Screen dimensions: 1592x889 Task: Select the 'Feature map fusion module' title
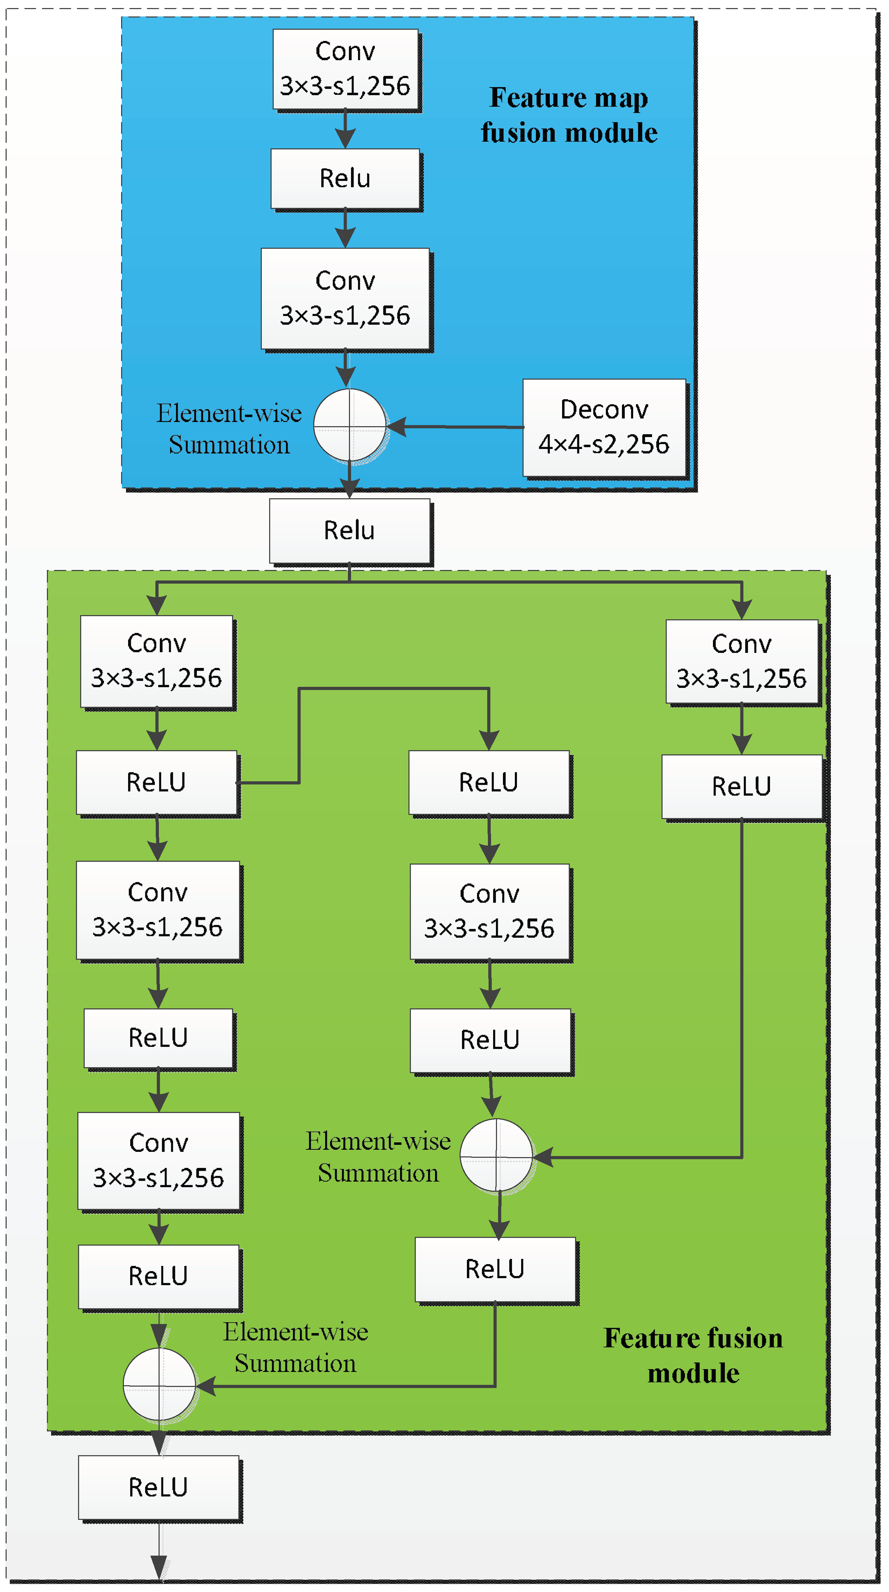tap(569, 115)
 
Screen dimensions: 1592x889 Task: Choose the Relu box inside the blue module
tap(345, 178)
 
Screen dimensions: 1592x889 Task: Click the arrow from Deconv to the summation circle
tap(457, 427)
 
